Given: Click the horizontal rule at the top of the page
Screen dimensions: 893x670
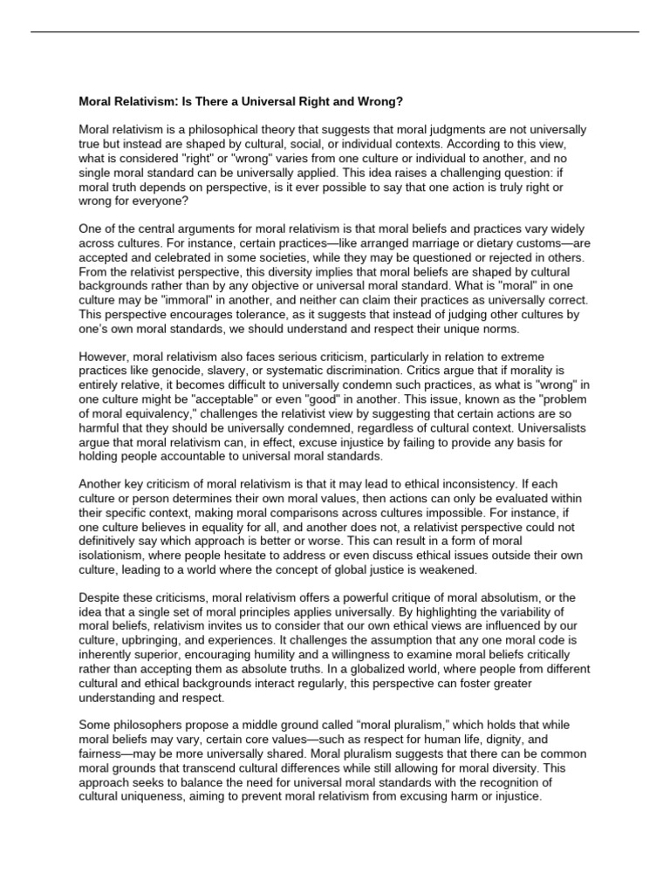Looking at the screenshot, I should [335, 32].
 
